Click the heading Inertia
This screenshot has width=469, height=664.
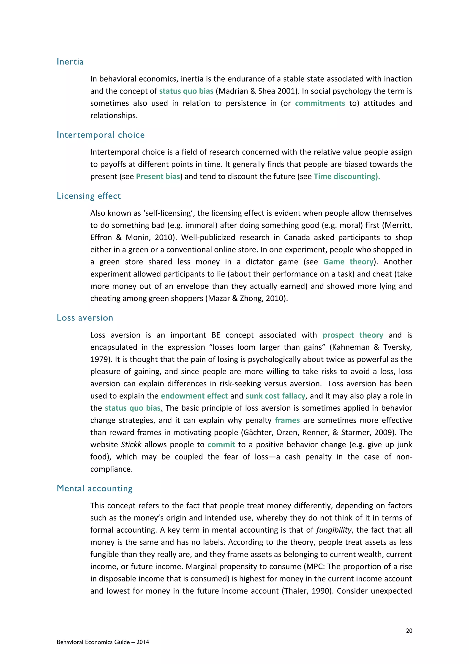(70, 62)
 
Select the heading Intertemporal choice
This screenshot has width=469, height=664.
(101, 135)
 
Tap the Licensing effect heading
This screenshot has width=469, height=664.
(89, 196)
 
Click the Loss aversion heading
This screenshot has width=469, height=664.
(85, 318)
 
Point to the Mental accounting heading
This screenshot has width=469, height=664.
(94, 488)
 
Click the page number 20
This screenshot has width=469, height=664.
(409, 631)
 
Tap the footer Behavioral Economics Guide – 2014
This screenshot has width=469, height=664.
(103, 642)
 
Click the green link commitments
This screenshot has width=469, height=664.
(320, 103)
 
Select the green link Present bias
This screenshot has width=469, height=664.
(158, 176)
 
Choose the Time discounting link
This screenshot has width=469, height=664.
(346, 176)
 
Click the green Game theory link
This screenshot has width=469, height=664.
(348, 262)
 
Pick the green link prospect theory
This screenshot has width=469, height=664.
(353, 335)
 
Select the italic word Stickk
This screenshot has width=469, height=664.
(131, 445)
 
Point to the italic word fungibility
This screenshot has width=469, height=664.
(334, 530)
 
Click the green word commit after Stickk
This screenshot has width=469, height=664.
(221, 445)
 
